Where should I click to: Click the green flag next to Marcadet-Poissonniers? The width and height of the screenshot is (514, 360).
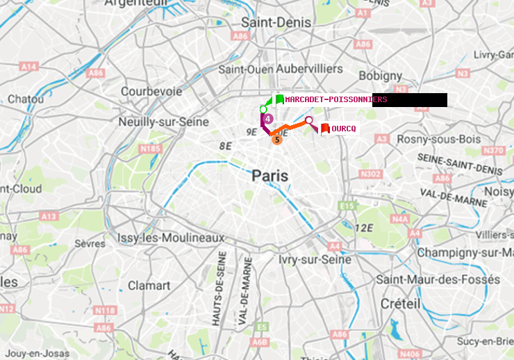[x=279, y=99]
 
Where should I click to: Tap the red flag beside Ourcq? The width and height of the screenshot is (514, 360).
[x=325, y=128]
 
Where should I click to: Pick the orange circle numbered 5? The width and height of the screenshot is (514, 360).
[x=277, y=140]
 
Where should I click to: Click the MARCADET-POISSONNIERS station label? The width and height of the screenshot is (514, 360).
[x=328, y=100]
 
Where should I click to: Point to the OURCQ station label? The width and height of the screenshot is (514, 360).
[x=344, y=129]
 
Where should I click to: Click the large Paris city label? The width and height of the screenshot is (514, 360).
[x=270, y=177]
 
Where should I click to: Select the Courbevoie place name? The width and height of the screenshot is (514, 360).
[x=151, y=91]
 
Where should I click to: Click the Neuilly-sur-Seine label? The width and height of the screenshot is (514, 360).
[x=164, y=122]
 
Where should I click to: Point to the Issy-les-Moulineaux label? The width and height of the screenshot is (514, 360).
[x=171, y=238]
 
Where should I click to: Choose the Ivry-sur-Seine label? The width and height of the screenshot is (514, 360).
[x=315, y=259]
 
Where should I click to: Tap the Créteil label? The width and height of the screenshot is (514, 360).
[x=400, y=304]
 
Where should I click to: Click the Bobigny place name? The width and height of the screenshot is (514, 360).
[x=381, y=75]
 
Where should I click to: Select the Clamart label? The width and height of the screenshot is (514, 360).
[x=149, y=286]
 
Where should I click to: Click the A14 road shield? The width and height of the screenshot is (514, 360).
[x=28, y=66]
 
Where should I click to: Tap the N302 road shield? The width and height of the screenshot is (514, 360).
[x=372, y=174]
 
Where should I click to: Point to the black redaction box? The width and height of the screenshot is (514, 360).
[x=409, y=100]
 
